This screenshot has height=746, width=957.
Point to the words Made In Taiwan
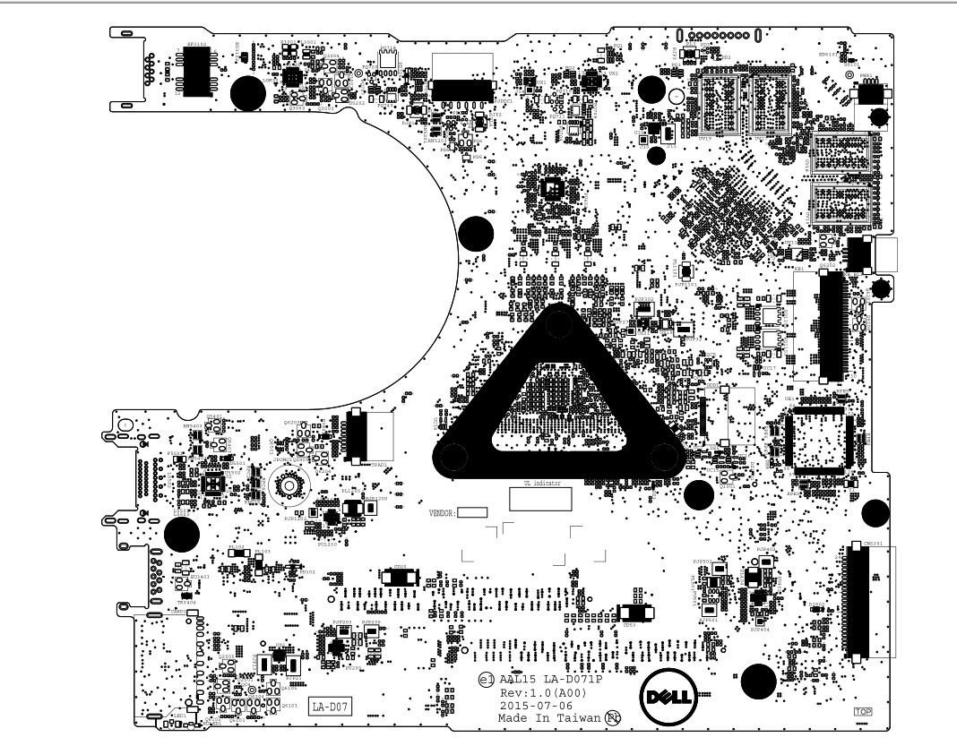(x=549, y=718)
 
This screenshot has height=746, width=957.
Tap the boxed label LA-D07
(x=330, y=707)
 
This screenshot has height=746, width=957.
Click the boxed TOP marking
(x=863, y=712)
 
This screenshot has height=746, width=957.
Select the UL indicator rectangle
(x=540, y=499)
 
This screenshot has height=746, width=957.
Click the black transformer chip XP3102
(x=195, y=69)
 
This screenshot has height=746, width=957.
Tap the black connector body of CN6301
(x=852, y=602)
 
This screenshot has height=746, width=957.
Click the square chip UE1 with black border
(x=815, y=440)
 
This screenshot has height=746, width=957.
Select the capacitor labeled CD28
(x=399, y=579)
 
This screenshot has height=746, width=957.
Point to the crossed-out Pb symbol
(x=613, y=718)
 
